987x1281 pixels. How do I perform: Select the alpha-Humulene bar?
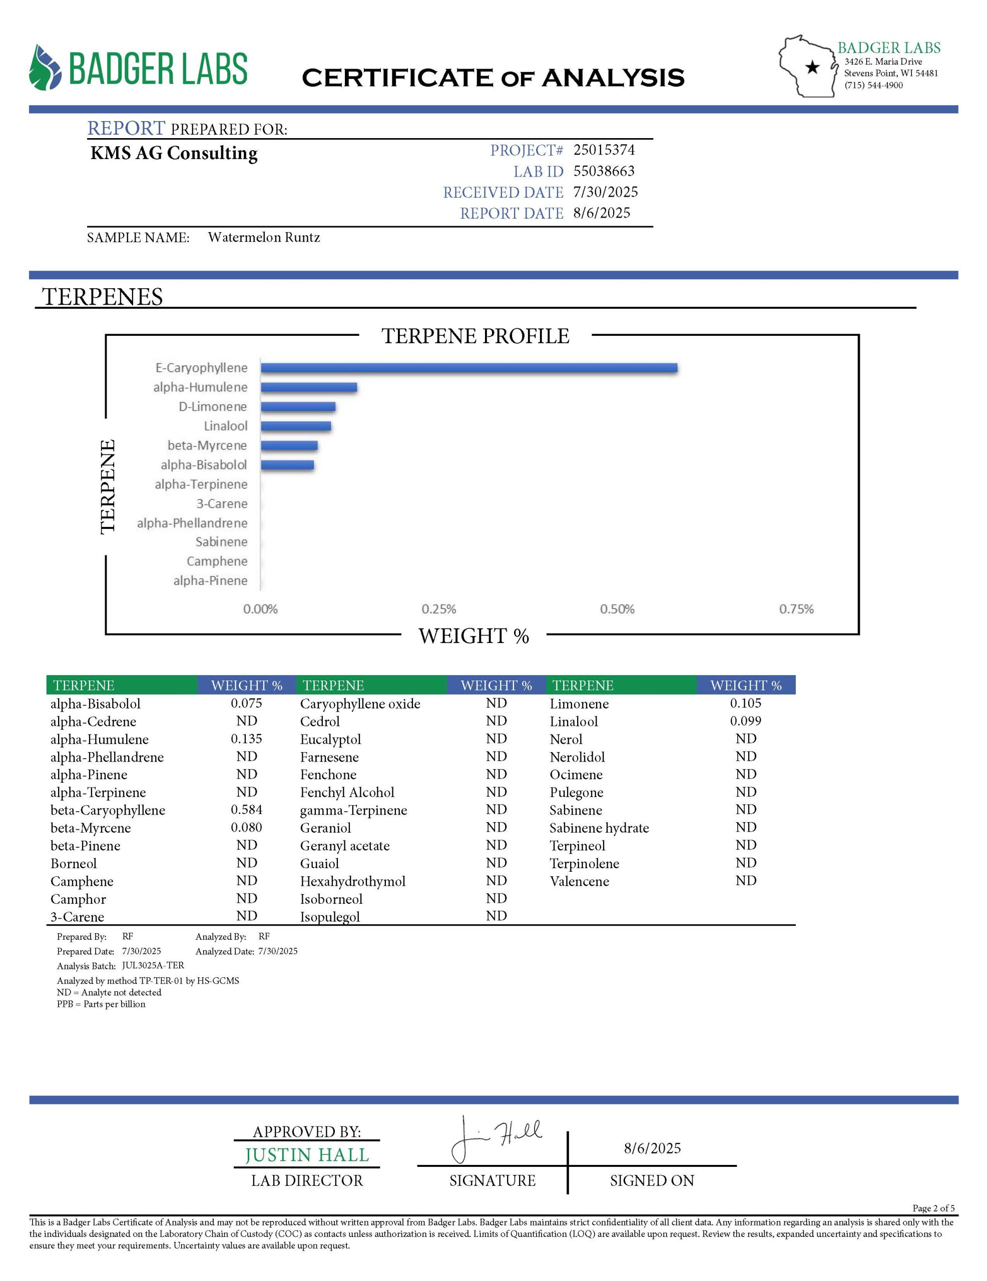pos(309,387)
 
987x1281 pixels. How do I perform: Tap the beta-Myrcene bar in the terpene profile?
pos(289,445)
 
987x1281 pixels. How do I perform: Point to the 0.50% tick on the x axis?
pos(617,609)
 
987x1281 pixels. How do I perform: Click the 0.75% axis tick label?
pos(796,609)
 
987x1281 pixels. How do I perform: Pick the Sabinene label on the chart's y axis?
pos(221,541)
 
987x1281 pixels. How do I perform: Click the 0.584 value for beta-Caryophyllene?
pos(246,810)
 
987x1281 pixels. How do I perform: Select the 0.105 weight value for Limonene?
pos(745,703)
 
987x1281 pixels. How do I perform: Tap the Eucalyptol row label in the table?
pos(330,739)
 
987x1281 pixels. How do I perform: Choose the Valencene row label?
pos(579,881)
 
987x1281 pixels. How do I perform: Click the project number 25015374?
pos(604,150)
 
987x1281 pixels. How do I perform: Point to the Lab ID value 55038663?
pos(604,171)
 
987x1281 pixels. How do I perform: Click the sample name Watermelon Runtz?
pos(264,237)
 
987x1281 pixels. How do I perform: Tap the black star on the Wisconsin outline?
pos(812,68)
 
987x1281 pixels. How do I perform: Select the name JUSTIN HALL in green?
pos(307,1155)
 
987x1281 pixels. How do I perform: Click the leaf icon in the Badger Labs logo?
pos(45,68)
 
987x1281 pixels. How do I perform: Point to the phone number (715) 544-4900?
pos(873,85)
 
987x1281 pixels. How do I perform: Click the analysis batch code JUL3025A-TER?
pos(153,965)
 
